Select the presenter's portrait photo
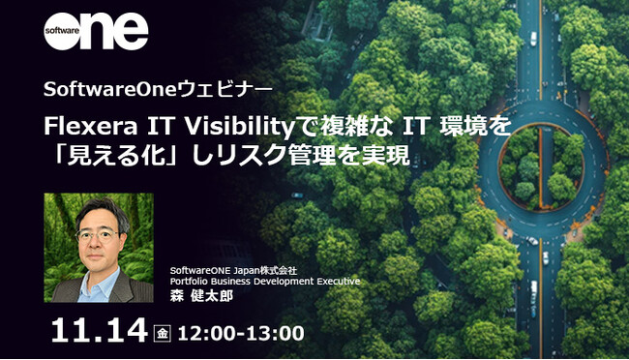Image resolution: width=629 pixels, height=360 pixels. pyautogui.click(x=99, y=248)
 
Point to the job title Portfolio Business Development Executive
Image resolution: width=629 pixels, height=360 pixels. pyautogui.click(x=264, y=282)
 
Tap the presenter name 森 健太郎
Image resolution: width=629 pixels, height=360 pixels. pyautogui.click(x=201, y=296)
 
